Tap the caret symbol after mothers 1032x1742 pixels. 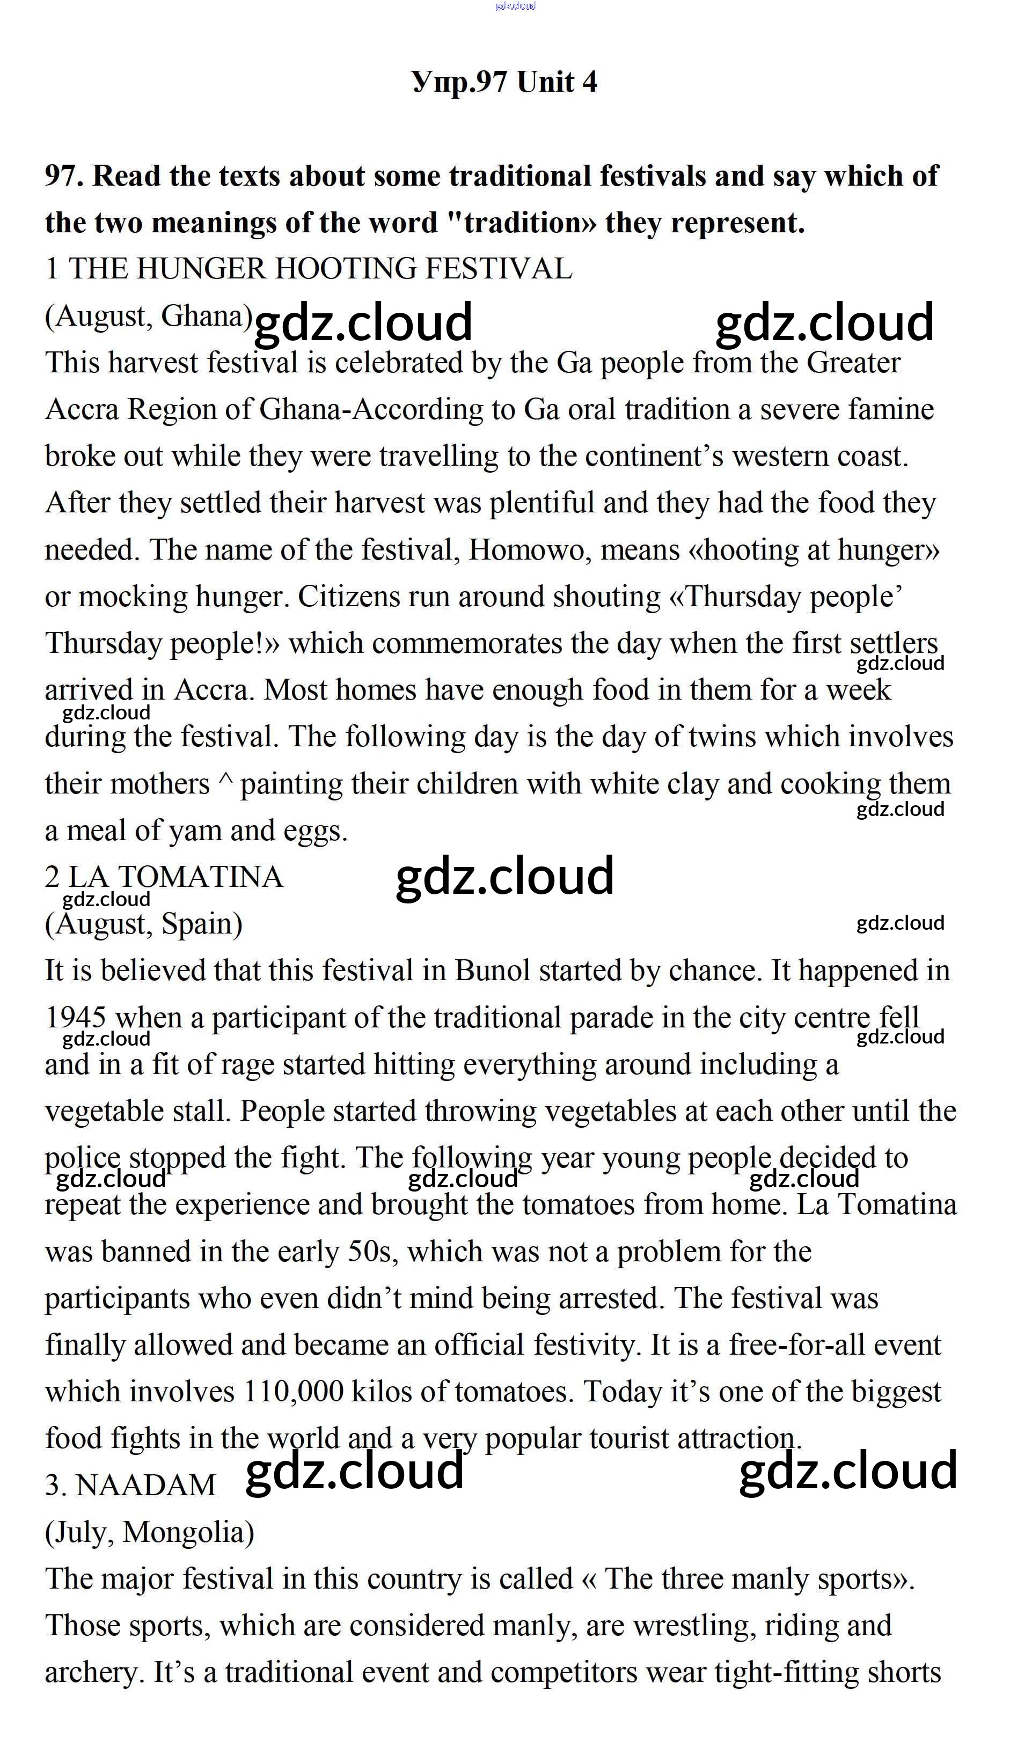coord(225,783)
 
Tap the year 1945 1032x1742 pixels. coord(76,1018)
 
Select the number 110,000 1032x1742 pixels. coord(294,1392)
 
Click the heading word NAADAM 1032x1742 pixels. coord(146,1486)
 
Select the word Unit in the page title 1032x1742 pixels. coord(546,82)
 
